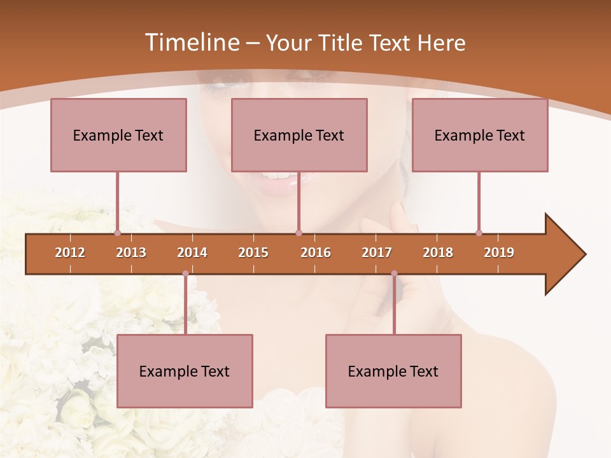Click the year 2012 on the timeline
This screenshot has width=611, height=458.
coord(70,253)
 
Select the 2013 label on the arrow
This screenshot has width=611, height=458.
coord(131,253)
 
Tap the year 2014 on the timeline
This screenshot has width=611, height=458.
coord(192,253)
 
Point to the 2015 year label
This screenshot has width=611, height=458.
coord(253,253)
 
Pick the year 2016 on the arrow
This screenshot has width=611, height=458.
coord(316,253)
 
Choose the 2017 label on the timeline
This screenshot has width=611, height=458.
coord(377,253)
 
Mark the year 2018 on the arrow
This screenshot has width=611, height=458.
coord(438,253)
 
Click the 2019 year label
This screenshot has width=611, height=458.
coord(499,253)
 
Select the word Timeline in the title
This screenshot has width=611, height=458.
coord(190,43)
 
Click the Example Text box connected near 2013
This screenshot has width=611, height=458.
coord(118,135)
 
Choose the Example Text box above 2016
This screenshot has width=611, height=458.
coord(299,135)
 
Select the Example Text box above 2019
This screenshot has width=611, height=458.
coord(480,135)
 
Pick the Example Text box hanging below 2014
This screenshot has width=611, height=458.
coord(185,371)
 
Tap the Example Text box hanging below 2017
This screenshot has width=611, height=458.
coord(393,371)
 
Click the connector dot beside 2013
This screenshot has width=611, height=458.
coord(117,233)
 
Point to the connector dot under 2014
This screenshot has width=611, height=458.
coord(185,274)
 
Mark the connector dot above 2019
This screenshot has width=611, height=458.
coord(479,233)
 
